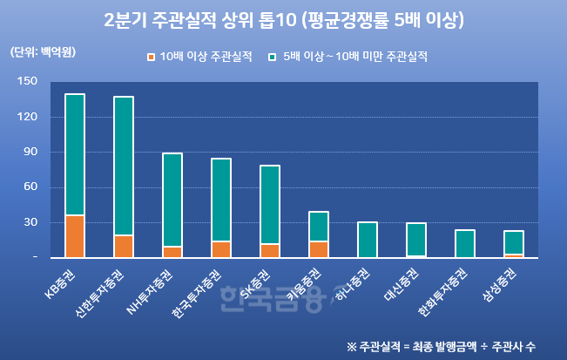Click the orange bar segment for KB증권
(75, 236)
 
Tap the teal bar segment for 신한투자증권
(124, 166)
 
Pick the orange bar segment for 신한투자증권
(124, 247)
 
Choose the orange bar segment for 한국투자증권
(221, 249)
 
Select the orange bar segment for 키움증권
(319, 249)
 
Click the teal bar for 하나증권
(368, 240)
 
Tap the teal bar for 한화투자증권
(465, 243)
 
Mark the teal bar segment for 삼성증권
(514, 242)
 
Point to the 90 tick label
(30, 152)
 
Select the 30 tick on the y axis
(30, 222)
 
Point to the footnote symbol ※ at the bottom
(351, 346)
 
